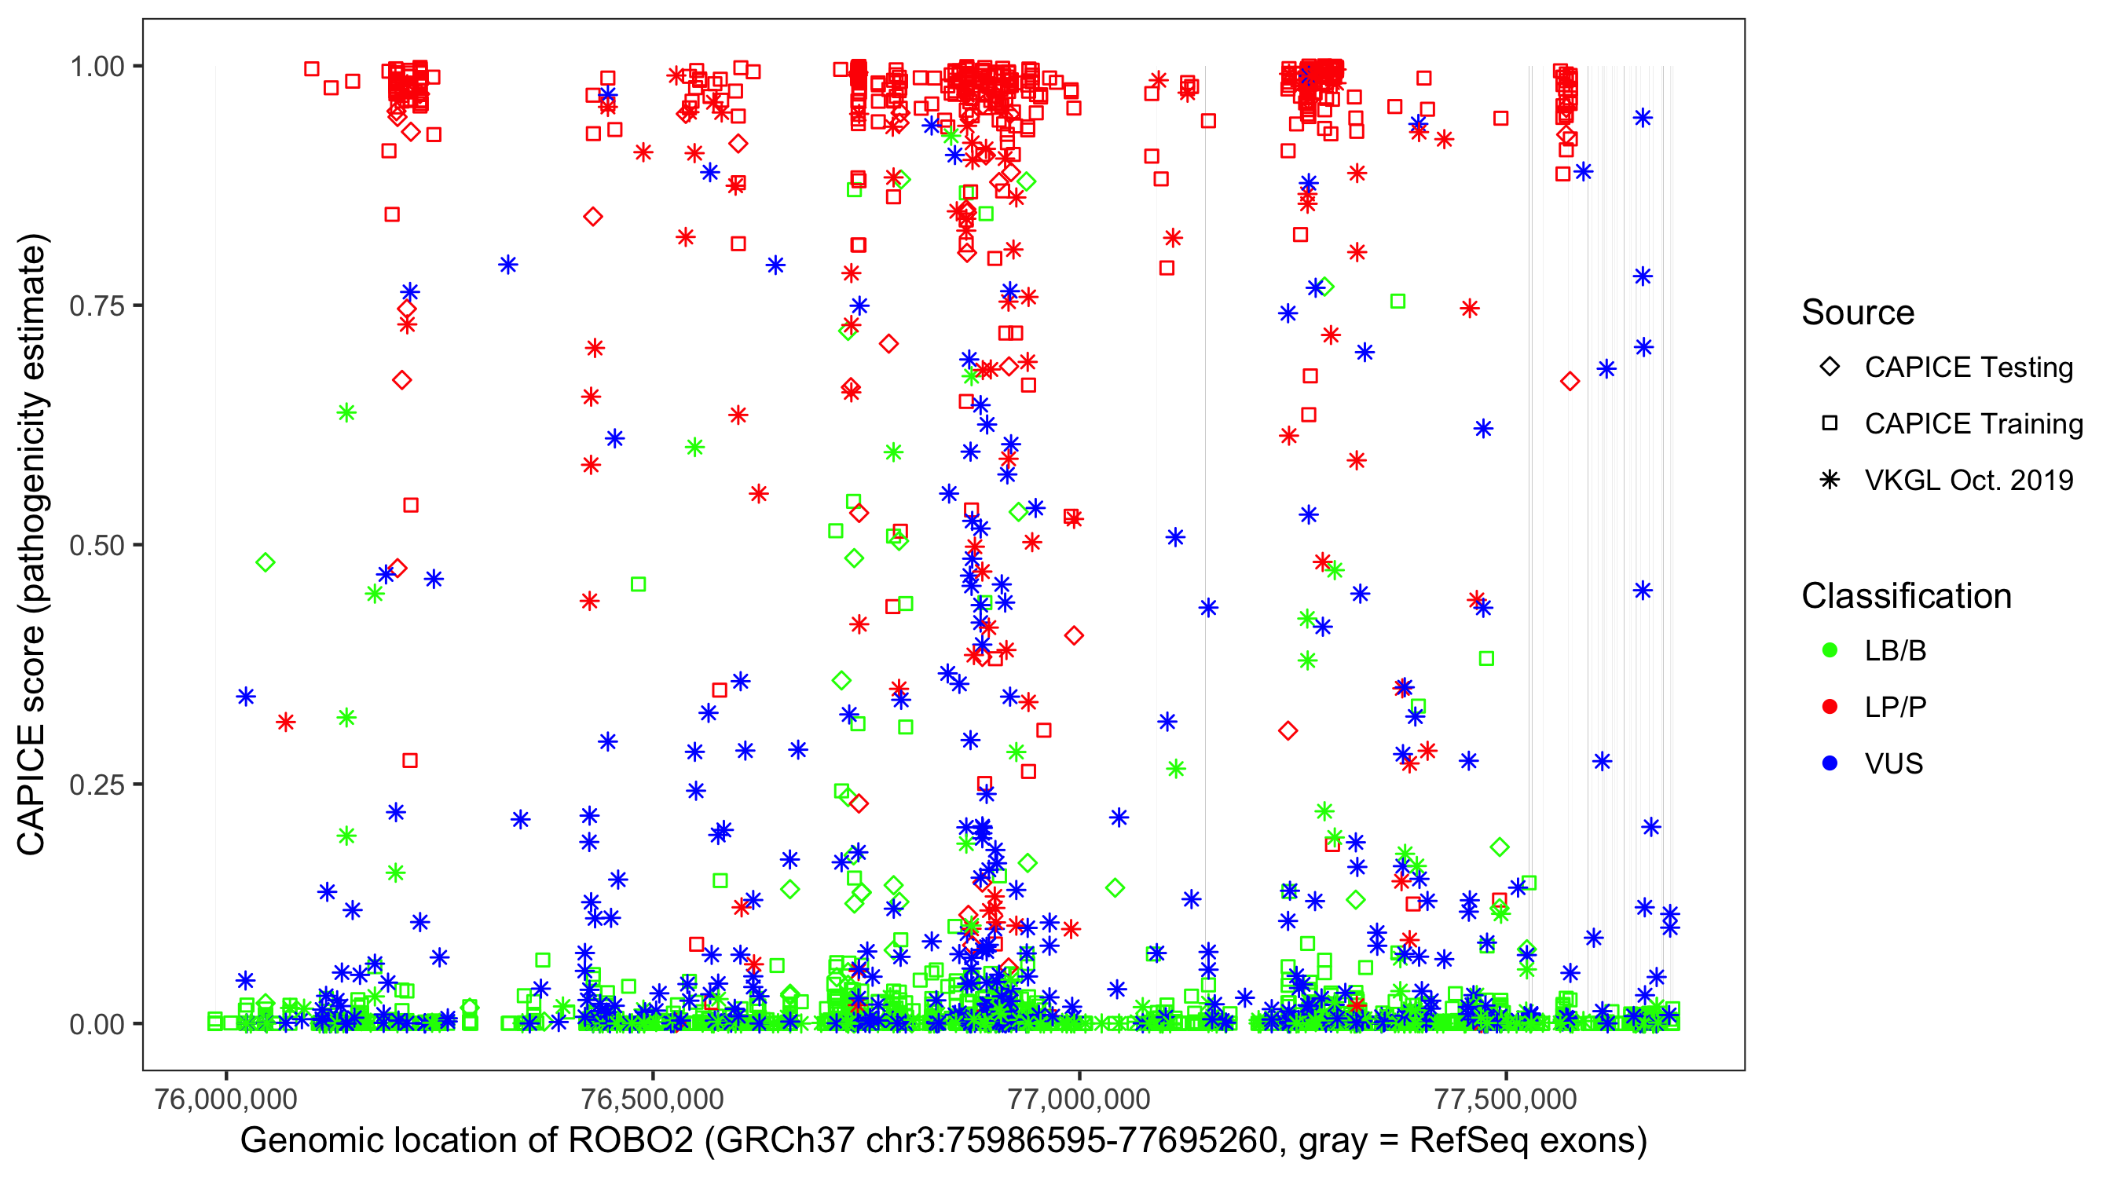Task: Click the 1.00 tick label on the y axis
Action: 97,67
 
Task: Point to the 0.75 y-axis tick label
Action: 97,306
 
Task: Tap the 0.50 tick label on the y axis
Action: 97,546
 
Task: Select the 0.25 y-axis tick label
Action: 97,785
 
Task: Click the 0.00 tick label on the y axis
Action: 97,1024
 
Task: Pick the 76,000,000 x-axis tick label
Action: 225,1098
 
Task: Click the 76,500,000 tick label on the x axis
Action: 652,1098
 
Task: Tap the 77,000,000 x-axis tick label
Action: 1079,1098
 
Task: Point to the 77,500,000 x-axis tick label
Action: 1505,1098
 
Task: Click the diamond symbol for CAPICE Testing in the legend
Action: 1830,368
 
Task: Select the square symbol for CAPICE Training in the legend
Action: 1830,423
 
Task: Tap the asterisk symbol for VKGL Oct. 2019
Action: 1830,480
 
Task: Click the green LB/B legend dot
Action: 1830,650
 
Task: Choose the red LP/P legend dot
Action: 1830,707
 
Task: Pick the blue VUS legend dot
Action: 1830,763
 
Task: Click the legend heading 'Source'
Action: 1858,313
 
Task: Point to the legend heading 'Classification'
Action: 1906,596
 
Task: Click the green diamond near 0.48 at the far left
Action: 266,563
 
